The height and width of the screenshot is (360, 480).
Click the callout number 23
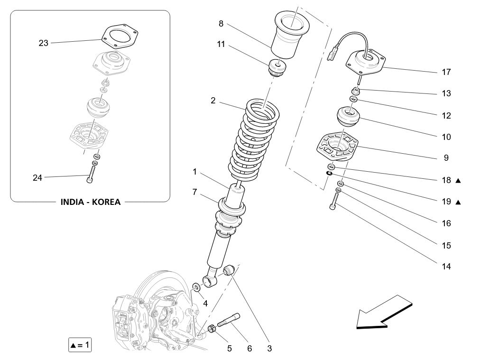pyautogui.click(x=43, y=43)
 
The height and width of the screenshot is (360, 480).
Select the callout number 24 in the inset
pyautogui.click(x=37, y=178)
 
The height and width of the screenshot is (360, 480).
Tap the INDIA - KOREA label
pyautogui.click(x=90, y=202)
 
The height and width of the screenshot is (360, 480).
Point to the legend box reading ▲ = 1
pyautogui.click(x=80, y=345)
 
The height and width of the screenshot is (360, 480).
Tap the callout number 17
pyautogui.click(x=445, y=72)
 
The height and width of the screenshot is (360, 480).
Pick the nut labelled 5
pyautogui.click(x=213, y=328)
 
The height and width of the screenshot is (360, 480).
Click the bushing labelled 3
pyautogui.click(x=230, y=271)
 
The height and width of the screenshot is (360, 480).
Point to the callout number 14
pyautogui.click(x=445, y=267)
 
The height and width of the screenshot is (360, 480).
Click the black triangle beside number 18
pyautogui.click(x=458, y=181)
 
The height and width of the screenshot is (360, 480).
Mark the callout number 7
pyautogui.click(x=194, y=192)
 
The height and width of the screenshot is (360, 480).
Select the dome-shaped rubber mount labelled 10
pyautogui.click(x=348, y=118)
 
